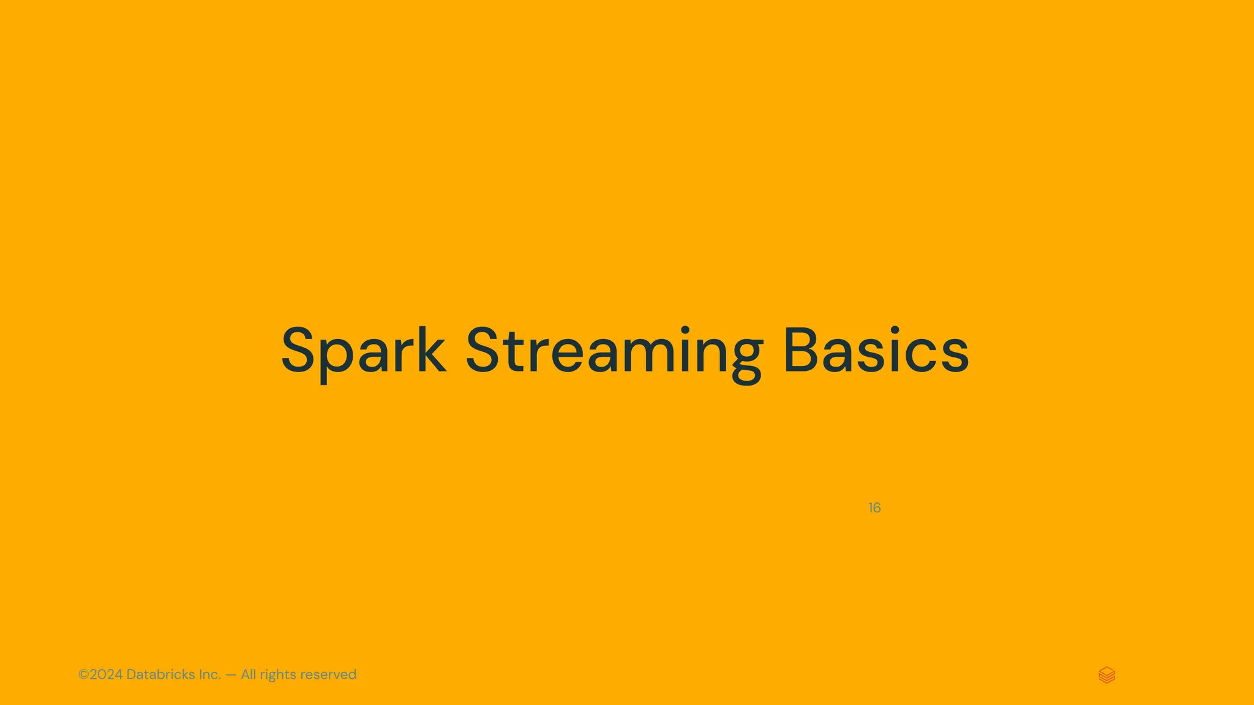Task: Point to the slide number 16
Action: click(874, 508)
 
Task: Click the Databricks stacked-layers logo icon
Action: click(1106, 675)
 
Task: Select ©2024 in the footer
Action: click(100, 674)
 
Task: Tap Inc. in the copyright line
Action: click(210, 674)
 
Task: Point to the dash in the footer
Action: click(231, 675)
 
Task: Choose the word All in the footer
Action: click(249, 674)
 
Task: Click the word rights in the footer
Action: click(278, 675)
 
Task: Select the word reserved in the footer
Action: click(328, 675)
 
